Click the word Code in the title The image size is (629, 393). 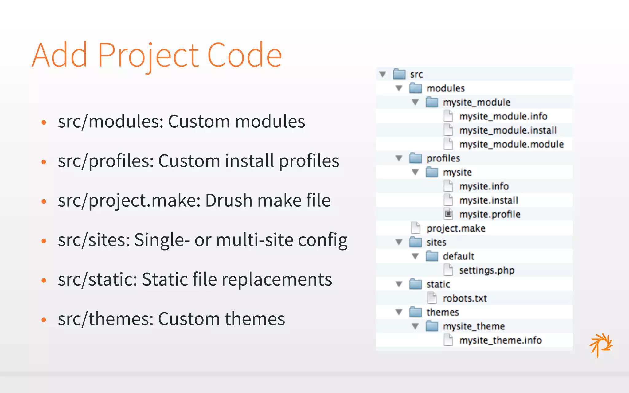point(245,55)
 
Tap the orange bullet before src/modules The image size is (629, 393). point(44,122)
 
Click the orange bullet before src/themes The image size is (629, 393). point(44,320)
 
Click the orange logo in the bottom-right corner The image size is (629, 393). point(601,344)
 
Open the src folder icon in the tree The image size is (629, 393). point(399,74)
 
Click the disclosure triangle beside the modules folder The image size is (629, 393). point(399,88)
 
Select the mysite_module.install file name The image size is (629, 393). point(508,130)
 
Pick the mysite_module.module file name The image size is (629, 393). point(511,144)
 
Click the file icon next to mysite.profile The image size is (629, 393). point(448,214)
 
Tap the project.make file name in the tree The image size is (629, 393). point(456,228)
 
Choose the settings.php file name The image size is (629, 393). point(486,270)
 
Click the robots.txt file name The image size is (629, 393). point(465,298)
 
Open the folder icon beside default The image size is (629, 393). point(432,256)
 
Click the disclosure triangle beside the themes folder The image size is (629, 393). point(399,312)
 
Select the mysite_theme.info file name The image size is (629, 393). point(500,340)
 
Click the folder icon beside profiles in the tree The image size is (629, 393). point(416,158)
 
